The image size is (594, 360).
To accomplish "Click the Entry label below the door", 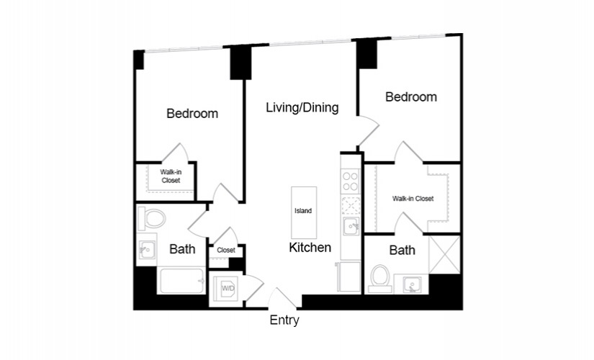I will pos(284,320).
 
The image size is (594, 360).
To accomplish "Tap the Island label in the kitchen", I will pos(303,211).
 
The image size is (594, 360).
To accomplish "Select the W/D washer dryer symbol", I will pos(228,289).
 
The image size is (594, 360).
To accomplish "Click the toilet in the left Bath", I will pos(153,217).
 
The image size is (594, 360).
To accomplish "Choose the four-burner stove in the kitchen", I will pos(350,180).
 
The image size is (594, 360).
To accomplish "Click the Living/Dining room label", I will pos(302,108).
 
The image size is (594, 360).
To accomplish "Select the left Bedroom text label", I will pos(192,114).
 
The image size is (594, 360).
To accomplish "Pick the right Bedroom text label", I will pos(411,97).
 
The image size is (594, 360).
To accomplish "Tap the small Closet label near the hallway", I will pos(226,251).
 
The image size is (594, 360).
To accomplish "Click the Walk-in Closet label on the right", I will pos(413,199).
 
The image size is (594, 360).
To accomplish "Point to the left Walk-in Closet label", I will pos(171,176).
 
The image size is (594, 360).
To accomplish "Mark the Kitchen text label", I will pos(310,248).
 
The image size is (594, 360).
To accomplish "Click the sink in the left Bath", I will pos(146,250).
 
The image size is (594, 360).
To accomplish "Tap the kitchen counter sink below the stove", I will pos(351,227).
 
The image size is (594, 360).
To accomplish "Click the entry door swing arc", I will pos(282,297).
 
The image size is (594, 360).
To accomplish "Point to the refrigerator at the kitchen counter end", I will pos(349,276).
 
